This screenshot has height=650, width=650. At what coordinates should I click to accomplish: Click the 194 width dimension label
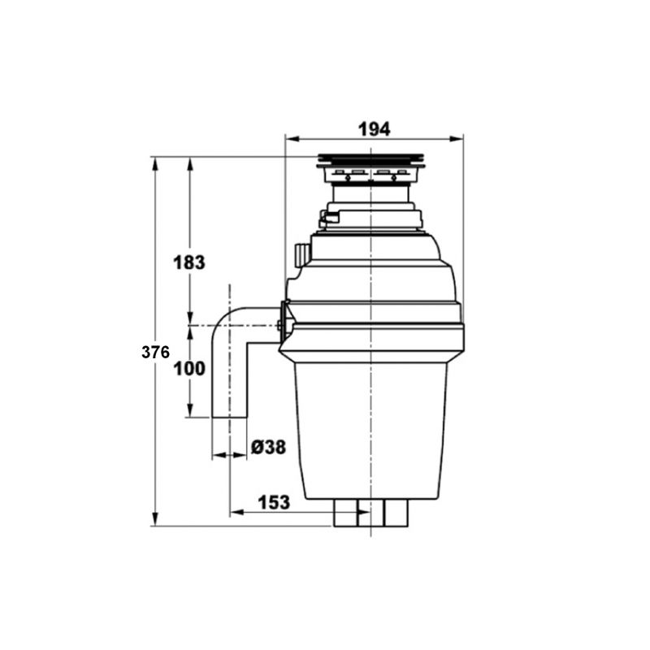tap(374, 128)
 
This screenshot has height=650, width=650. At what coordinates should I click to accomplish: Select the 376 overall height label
tap(155, 352)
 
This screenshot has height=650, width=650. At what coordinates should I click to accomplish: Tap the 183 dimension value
tap(189, 262)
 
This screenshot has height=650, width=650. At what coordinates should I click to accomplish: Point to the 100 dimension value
tap(189, 368)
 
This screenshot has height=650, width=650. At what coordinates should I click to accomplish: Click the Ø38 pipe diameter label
tap(267, 447)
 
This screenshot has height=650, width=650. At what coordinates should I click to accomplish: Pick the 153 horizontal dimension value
tap(274, 502)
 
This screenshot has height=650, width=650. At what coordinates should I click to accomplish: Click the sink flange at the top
tap(370, 160)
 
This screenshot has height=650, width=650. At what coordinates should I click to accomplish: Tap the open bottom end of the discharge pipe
tap(229, 416)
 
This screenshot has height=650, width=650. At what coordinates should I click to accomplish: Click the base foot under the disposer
tap(370, 513)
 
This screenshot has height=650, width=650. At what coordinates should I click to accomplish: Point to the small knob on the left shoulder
tap(302, 253)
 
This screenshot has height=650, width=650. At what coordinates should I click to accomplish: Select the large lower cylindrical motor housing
tap(370, 431)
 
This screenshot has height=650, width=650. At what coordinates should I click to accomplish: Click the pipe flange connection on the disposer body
tap(284, 323)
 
